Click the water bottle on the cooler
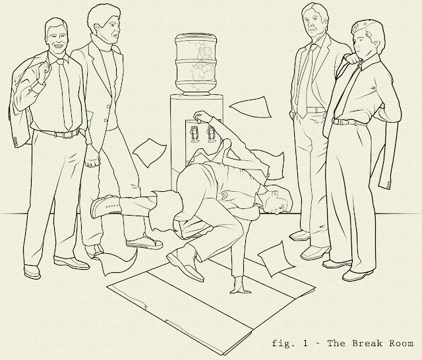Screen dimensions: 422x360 pyautogui.click(x=196, y=64)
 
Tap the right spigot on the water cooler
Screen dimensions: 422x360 pyautogui.click(x=211, y=134)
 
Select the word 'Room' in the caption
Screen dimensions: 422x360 pyautogui.click(x=402, y=344)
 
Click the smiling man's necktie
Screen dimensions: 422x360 pyautogui.click(x=65, y=94)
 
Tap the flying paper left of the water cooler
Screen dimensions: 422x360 pyautogui.click(x=150, y=152)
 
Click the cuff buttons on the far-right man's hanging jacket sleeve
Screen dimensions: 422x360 pyautogui.click(x=388, y=185)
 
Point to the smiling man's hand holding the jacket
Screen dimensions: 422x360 pyautogui.click(x=44, y=71)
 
